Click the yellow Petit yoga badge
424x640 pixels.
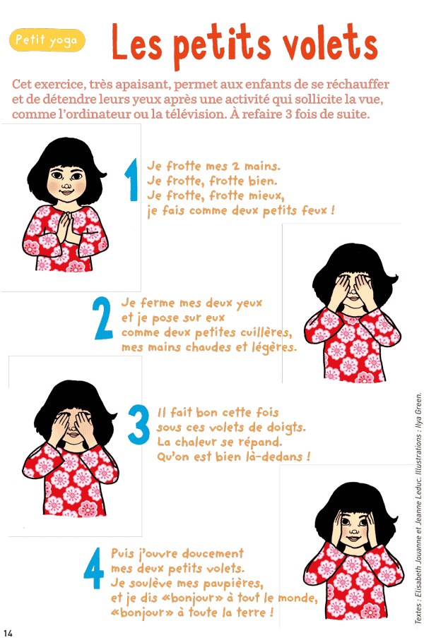pyautogui.click(x=47, y=40)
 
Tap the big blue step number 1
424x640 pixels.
pyautogui.click(x=131, y=180)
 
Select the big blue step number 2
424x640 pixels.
pyautogui.click(x=102, y=318)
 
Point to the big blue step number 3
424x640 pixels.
pyautogui.click(x=139, y=425)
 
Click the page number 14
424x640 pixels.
pyautogui.click(x=8, y=633)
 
